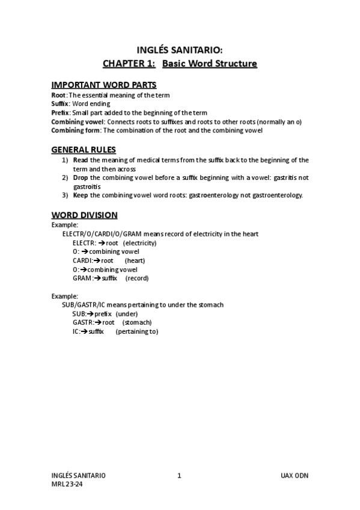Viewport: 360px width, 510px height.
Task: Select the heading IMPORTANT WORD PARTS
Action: point(104,84)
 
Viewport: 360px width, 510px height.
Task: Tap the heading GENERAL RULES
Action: point(84,149)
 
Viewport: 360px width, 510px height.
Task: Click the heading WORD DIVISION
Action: point(84,215)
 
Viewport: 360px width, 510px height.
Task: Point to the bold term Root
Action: point(58,95)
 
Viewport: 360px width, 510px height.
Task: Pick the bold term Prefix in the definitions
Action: point(60,112)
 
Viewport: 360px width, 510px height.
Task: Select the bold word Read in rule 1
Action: point(80,161)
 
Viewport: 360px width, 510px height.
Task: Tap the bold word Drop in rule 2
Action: point(81,178)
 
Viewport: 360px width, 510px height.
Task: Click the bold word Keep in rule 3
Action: point(80,195)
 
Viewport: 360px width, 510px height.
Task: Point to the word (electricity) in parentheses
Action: point(139,243)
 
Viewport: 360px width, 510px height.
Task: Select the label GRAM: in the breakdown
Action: point(82,278)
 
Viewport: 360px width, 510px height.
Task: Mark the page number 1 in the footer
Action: point(179,475)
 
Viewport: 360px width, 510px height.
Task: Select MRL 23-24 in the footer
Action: point(67,485)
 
